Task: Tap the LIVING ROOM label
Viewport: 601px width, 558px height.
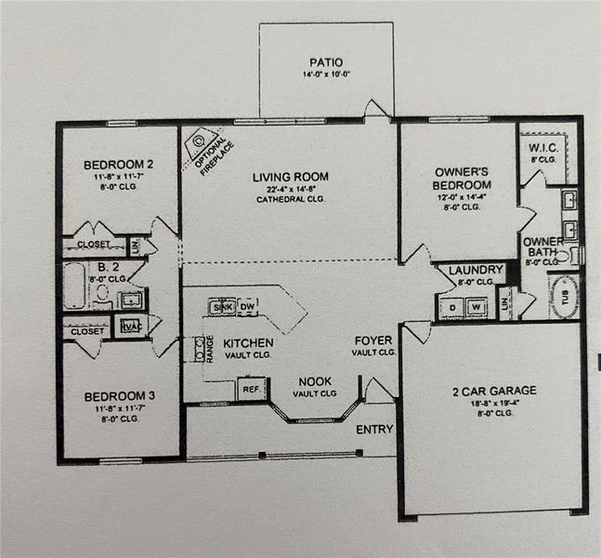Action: point(291,177)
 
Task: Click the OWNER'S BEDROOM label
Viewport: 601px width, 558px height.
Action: point(462,178)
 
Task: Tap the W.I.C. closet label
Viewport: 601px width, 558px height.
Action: point(542,148)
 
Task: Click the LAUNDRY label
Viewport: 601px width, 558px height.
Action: point(476,271)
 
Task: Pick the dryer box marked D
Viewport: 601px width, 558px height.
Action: point(451,306)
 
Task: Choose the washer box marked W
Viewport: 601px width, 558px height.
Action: point(475,306)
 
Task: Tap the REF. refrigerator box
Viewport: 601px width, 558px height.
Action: point(249,389)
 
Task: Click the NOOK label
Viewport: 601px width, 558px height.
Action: point(315,381)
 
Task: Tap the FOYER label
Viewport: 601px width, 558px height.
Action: point(373,340)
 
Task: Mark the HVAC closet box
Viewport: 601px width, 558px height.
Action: point(127,325)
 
